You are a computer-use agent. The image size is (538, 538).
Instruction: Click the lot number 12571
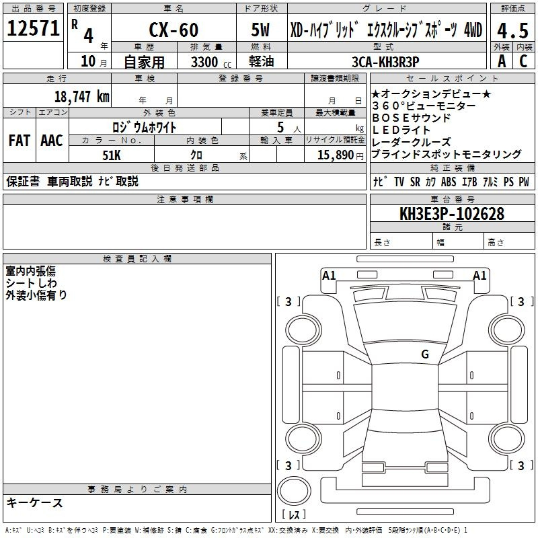coord(33,28)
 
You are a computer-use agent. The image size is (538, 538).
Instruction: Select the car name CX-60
coord(174,30)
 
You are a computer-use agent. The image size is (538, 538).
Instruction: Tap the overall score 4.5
coord(512,31)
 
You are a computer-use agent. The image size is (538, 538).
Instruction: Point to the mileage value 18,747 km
coord(81,97)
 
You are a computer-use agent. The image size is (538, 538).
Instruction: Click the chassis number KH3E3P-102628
coord(452,214)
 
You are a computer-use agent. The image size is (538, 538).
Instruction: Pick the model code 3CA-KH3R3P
coord(385,62)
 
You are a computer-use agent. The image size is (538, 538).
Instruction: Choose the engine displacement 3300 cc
coord(211,63)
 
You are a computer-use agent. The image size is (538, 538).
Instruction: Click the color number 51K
coord(112,155)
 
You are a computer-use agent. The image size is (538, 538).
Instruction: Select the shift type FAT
coord(20,141)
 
